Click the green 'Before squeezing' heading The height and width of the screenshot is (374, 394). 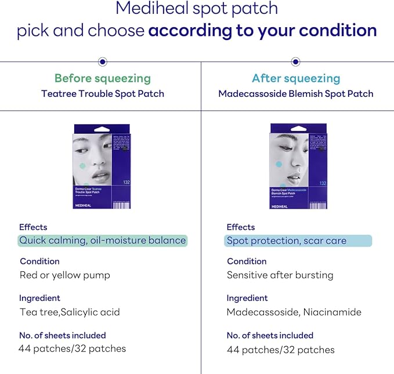[x=102, y=78]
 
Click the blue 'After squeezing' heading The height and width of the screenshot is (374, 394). [x=296, y=78]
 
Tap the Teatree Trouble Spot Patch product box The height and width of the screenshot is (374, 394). [x=102, y=166]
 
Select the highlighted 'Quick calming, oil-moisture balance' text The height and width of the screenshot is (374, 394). [x=102, y=240]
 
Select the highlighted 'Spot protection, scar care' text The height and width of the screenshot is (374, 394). [x=286, y=241]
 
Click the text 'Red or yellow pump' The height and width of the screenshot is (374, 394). [x=65, y=275]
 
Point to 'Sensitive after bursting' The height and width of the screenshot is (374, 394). [x=280, y=275]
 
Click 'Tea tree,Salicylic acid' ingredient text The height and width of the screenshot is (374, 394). [x=70, y=312]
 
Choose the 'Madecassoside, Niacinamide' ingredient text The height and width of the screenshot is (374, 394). [x=294, y=312]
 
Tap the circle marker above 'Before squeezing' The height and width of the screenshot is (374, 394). [x=102, y=61]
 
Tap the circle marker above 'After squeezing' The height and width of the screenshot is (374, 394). [x=295, y=61]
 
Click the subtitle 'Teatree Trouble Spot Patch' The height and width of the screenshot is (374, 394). [x=102, y=93]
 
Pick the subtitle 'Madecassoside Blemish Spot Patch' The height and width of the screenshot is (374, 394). [x=296, y=93]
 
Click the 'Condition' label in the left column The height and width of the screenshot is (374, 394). [x=39, y=261]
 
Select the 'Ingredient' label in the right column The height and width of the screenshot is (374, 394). [x=247, y=298]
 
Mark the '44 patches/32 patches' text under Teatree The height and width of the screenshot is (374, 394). [x=73, y=348]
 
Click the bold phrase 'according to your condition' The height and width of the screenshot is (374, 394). [x=262, y=30]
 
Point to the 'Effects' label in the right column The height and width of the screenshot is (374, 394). [x=241, y=227]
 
